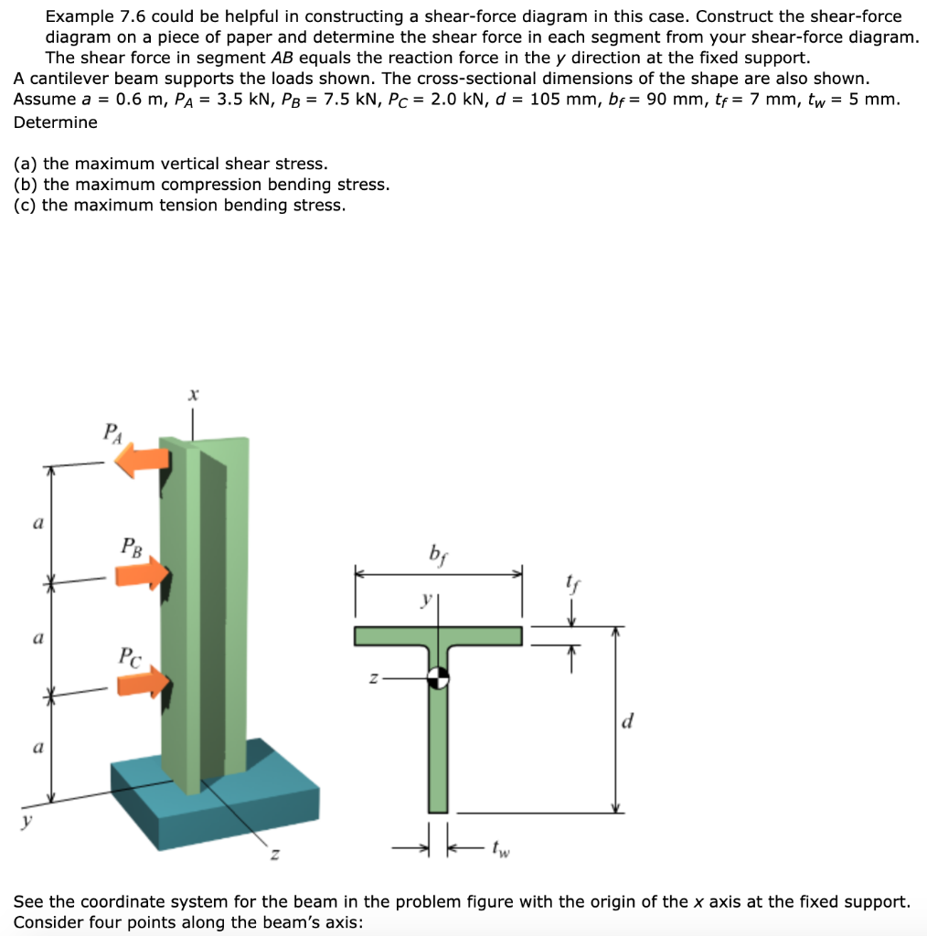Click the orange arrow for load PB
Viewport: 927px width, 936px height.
[144, 574]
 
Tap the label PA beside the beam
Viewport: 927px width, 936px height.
[111, 431]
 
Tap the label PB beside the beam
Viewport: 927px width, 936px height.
[131, 548]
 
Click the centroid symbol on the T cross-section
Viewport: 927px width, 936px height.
[439, 677]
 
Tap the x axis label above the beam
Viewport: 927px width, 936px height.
[192, 395]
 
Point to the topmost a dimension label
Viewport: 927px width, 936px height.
[37, 524]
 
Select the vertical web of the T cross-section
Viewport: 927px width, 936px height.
[439, 750]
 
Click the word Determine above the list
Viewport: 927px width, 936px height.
[55, 122]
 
